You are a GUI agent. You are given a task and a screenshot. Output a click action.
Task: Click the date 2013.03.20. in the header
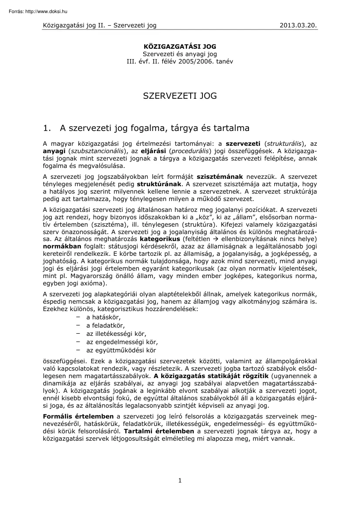tap(298, 25)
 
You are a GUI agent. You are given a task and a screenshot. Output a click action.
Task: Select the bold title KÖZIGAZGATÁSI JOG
tap(180, 46)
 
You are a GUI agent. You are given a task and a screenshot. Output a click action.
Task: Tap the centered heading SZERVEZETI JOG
tap(180, 96)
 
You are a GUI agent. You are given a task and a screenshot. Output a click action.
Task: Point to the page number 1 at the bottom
tap(180, 480)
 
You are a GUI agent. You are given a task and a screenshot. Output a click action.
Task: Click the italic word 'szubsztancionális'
tap(95, 151)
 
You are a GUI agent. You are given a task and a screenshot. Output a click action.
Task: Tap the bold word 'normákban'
tap(60, 247)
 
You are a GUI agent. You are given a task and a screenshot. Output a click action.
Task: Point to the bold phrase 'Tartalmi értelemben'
tap(159, 432)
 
